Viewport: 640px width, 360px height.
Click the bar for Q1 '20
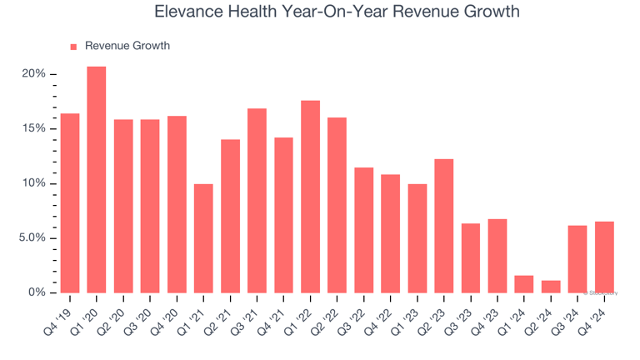tap(97, 179)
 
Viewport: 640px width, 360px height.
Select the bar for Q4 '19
tap(70, 202)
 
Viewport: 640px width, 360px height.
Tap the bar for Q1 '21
tap(203, 238)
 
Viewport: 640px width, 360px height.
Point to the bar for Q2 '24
tap(550, 287)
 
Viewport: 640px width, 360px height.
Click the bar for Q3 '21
tap(257, 200)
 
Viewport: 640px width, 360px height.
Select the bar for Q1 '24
tap(523, 284)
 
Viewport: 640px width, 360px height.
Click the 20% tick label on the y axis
tap(33, 74)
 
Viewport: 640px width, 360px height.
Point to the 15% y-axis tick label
tap(33, 129)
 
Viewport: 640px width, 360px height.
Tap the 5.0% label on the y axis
tap(30, 238)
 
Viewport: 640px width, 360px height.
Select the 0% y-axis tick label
tap(36, 292)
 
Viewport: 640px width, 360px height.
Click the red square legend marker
tap(73, 47)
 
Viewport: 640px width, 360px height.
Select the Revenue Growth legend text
tap(127, 46)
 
